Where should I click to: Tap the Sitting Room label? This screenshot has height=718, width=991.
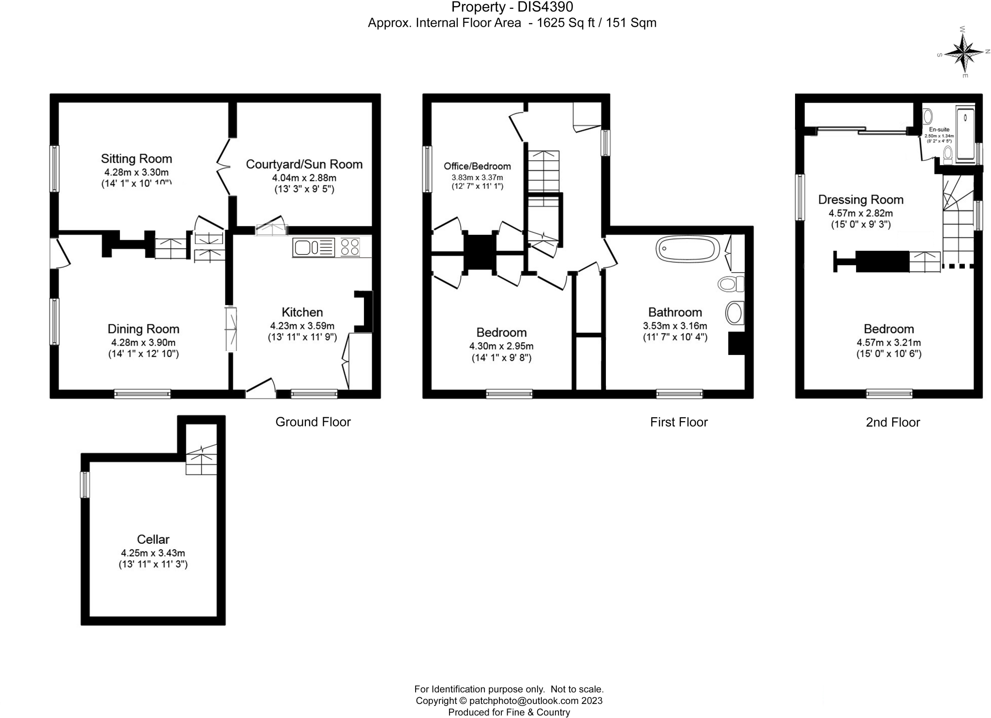136,159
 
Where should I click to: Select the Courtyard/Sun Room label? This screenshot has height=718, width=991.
304,164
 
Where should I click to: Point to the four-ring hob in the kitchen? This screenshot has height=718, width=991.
350,247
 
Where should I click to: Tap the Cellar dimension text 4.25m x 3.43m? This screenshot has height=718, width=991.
153,553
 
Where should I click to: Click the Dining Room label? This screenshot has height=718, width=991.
143,329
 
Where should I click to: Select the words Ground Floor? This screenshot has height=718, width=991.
313,422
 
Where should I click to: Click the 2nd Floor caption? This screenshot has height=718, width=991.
892,423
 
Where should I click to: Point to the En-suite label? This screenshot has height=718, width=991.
939,130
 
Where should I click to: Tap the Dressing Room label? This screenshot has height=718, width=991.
860,199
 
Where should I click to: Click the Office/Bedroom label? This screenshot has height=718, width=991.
477,167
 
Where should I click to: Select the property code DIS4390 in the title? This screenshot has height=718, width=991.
545,7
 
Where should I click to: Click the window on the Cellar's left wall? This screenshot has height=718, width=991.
85,485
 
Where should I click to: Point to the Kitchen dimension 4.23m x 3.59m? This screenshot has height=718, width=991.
302,326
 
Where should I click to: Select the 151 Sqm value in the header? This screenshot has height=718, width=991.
631,23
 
